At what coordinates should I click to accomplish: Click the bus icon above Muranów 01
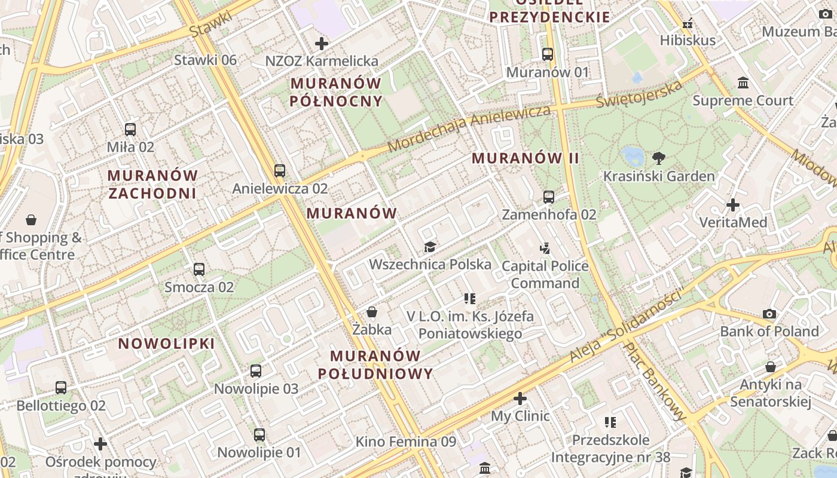[547, 54]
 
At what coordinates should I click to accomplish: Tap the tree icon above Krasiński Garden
[659, 158]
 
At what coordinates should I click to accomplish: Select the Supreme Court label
[743, 100]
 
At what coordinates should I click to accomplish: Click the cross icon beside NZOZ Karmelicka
[322, 43]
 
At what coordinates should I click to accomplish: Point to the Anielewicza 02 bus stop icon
[280, 171]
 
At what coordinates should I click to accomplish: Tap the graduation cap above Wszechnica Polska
[429, 247]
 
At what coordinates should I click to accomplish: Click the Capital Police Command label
[545, 274]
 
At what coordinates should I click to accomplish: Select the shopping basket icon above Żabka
[372, 312]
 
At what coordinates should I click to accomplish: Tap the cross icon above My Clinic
[520, 398]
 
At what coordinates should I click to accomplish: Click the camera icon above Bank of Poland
[769, 314]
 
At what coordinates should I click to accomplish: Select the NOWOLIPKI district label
[166, 344]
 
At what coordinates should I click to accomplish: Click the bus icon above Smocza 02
[199, 269]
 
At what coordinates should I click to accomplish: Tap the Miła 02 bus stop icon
[130, 129]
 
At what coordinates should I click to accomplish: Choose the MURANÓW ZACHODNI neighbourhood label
[152, 184]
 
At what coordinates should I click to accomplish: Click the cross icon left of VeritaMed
[732, 205]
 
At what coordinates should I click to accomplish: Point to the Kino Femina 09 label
[405, 442]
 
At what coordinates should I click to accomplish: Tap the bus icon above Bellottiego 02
[61, 388]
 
